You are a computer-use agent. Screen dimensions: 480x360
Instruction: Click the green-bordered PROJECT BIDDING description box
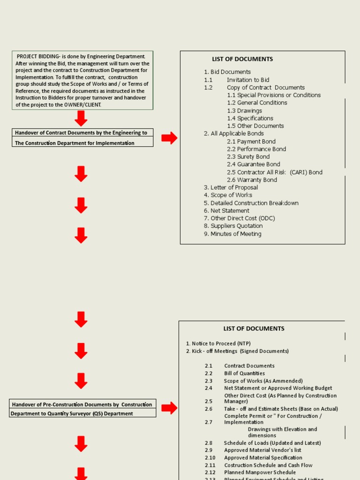coord(82,81)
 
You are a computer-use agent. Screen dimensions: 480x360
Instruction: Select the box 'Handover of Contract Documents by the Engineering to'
coord(82,133)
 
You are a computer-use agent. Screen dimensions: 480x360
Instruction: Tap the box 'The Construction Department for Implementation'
coord(82,142)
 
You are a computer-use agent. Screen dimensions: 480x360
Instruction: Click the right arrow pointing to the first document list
coord(169,138)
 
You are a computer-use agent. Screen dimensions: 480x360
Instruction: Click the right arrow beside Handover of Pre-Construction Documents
coord(169,408)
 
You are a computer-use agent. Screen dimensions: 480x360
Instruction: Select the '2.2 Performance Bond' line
coord(256,149)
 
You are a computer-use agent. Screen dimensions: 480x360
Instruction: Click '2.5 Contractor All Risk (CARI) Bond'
coord(274,172)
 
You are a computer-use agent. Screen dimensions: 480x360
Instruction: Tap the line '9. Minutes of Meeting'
coord(232,233)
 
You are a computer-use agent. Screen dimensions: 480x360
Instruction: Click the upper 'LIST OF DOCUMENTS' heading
coord(242,59)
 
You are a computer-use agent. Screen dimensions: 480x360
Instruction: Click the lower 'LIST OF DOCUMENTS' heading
coord(254,329)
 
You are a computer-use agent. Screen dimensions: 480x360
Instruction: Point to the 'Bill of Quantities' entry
coord(244,373)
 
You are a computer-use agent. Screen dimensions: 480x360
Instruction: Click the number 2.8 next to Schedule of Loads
coord(209,443)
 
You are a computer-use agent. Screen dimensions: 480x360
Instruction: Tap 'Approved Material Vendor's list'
coord(262,450)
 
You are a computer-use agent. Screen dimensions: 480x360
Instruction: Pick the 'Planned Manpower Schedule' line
coord(260,472)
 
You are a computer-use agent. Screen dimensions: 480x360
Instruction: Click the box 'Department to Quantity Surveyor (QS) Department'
coord(82,413)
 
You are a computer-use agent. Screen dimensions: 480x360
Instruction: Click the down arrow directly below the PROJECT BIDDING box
coord(81,119)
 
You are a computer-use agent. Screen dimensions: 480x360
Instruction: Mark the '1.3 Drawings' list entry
coord(244,111)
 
